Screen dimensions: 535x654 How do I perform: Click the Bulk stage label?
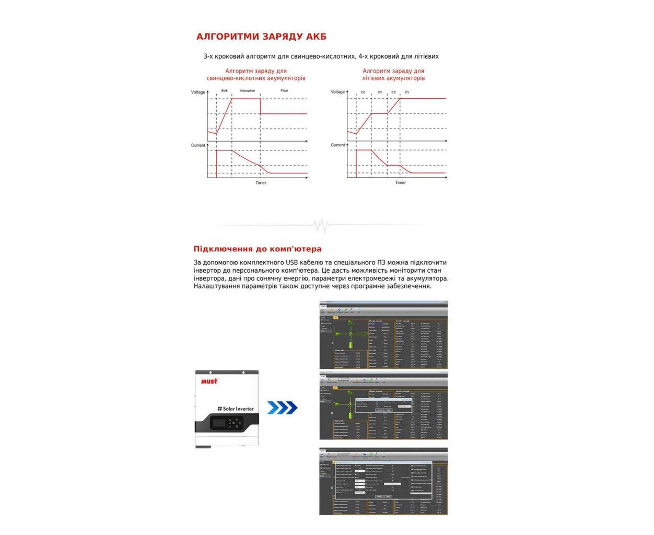pyautogui.click(x=224, y=91)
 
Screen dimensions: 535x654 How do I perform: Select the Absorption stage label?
pyautogui.click(x=247, y=91)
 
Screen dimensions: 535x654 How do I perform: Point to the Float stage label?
pyautogui.click(x=284, y=91)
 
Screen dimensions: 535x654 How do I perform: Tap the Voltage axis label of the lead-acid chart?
pyautogui.click(x=198, y=92)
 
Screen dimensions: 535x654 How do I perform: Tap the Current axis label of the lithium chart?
pyautogui.click(x=337, y=145)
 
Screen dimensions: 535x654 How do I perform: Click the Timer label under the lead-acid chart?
pyautogui.click(x=261, y=183)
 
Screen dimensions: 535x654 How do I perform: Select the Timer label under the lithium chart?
pyautogui.click(x=400, y=183)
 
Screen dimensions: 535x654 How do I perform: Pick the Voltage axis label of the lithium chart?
pyautogui.click(x=337, y=92)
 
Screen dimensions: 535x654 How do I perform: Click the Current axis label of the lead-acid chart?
pyautogui.click(x=198, y=145)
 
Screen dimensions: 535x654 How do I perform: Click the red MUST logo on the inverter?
pyautogui.click(x=209, y=381)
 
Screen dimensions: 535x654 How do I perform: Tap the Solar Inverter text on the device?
pyautogui.click(x=236, y=409)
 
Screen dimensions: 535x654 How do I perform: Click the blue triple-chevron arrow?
pyautogui.click(x=282, y=408)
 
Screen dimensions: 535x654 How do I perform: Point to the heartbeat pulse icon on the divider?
pyautogui.click(x=320, y=226)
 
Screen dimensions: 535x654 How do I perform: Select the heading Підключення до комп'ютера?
pyautogui.click(x=258, y=249)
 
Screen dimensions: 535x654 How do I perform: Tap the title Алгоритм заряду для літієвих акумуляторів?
pyautogui.click(x=393, y=75)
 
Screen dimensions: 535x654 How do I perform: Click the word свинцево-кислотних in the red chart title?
pyautogui.click(x=233, y=78)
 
